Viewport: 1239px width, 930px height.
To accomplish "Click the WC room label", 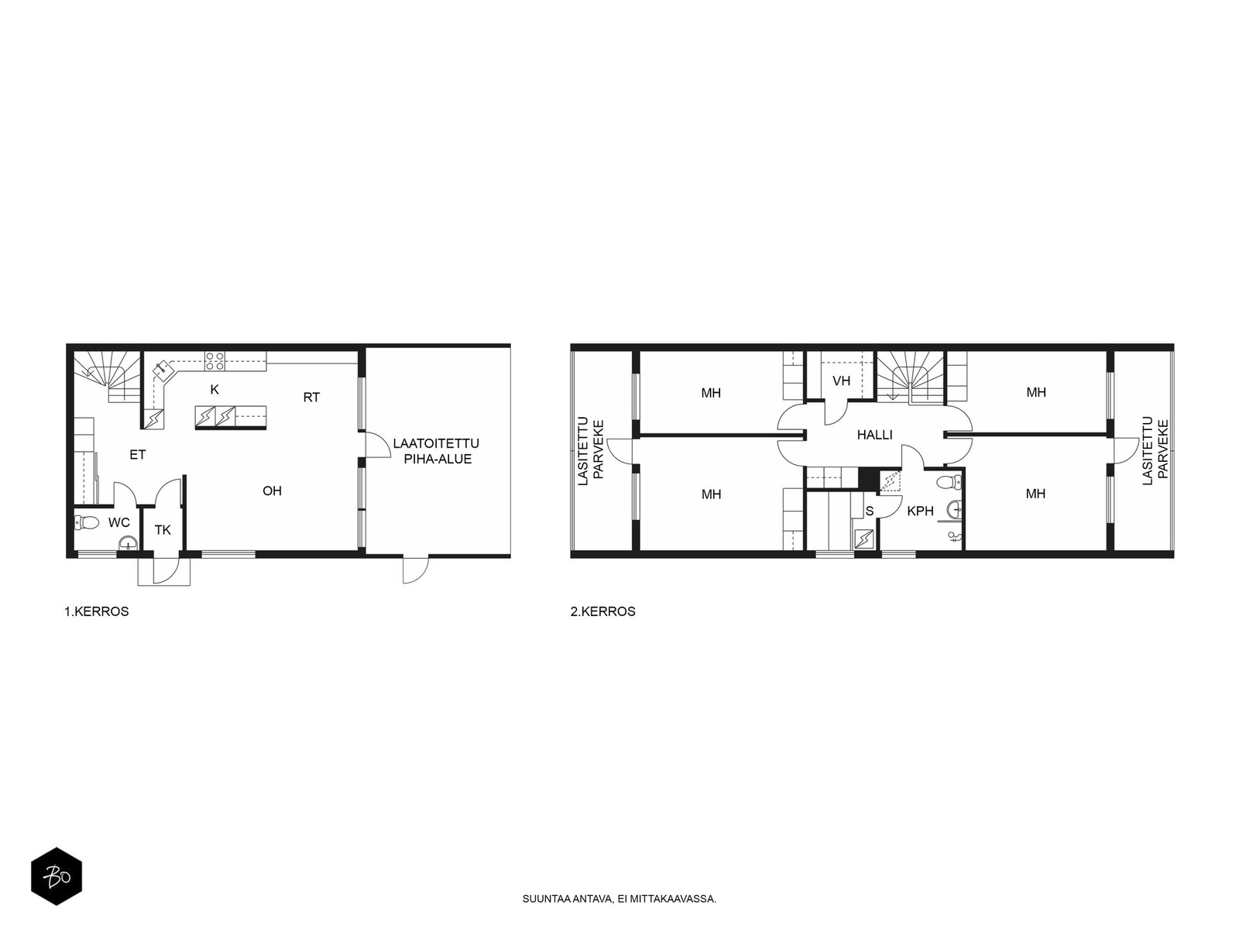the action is [118, 523].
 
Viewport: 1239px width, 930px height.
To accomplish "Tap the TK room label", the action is [163, 530].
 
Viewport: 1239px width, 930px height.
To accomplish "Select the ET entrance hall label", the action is [138, 455].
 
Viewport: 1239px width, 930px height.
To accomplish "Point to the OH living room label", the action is [272, 491].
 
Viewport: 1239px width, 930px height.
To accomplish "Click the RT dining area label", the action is [311, 398].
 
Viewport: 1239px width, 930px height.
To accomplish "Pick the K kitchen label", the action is [215, 390].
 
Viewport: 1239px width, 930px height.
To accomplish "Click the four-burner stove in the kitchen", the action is [215, 361].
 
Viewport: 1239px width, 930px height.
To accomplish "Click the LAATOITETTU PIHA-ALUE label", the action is [436, 451].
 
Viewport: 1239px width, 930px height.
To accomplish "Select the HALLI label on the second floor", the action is [874, 435].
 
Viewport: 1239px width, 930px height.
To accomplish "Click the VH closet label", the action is [841, 381].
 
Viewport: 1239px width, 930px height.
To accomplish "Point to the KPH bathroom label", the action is [920, 511].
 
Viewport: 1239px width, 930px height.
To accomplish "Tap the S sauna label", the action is [870, 511].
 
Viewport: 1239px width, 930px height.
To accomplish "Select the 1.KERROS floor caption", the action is [97, 611].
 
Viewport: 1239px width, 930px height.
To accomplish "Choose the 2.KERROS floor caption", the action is [602, 611].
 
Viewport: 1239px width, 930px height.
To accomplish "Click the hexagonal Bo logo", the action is [57, 877].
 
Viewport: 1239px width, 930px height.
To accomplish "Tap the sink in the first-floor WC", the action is [128, 542].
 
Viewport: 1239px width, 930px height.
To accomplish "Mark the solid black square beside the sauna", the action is [869, 480].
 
